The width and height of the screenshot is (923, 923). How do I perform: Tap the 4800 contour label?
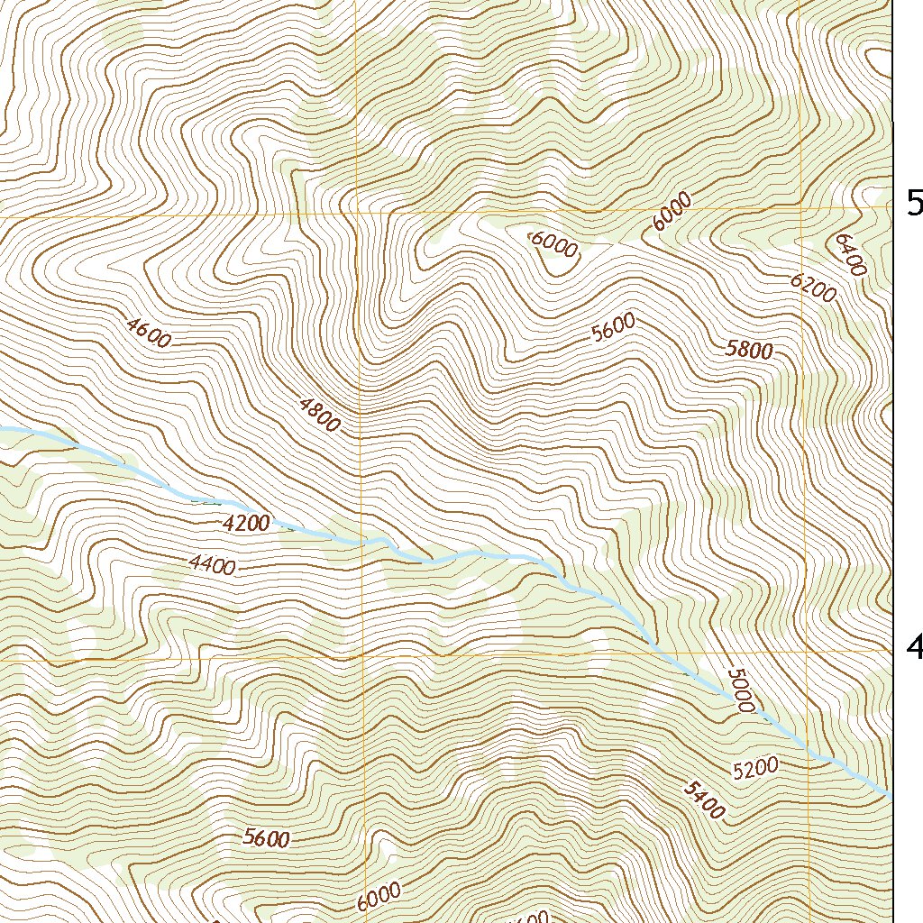[319, 414]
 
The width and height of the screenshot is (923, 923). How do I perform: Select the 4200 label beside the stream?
[245, 523]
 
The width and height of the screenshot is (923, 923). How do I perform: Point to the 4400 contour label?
[213, 566]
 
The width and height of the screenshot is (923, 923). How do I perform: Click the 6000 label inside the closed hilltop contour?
[553, 244]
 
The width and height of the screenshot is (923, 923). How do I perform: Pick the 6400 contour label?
[850, 255]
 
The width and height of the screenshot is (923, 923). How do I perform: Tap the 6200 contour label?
[812, 287]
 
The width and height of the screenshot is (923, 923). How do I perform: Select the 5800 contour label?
[749, 350]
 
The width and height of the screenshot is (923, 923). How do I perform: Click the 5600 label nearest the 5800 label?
[614, 327]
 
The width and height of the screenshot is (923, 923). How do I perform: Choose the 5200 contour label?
[754, 768]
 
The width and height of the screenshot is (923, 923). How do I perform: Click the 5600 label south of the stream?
[267, 838]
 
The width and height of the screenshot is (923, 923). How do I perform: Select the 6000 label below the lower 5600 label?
[378, 896]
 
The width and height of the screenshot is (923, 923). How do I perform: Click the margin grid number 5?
[914, 205]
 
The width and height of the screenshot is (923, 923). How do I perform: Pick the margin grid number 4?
[914, 645]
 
